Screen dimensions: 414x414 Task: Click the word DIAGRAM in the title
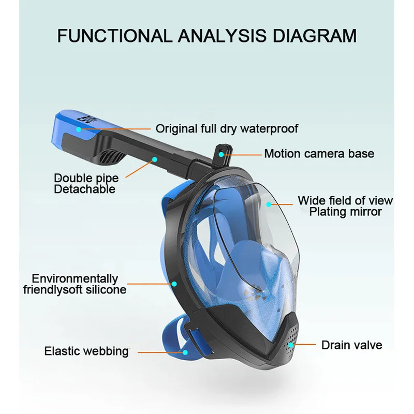315,36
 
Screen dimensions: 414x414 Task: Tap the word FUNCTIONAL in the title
115,36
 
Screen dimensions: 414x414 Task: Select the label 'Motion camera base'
319,154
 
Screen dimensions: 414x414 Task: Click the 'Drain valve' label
352,345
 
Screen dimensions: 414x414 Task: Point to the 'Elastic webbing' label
86,351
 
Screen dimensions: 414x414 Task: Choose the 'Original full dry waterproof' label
227,129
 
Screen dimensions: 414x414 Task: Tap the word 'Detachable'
85,189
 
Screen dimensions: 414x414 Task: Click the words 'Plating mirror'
345,212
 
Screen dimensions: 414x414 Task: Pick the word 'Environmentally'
75,279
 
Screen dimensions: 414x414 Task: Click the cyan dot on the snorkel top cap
79,129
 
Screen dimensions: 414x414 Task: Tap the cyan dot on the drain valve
291,345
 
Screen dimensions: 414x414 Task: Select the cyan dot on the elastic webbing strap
185,352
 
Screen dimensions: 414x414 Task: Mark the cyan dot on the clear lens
269,204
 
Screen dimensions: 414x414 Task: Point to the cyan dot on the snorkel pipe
155,159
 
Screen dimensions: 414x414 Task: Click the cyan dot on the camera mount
221,154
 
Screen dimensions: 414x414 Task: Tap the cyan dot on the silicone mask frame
174,284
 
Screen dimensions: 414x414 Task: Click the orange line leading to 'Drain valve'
304,345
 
